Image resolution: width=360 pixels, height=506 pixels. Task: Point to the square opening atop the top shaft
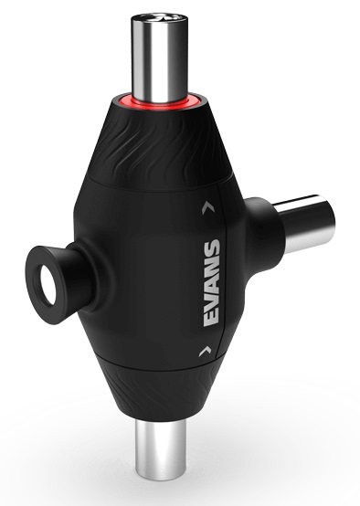click(x=160, y=16)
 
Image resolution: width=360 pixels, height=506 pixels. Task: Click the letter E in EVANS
click(x=211, y=316)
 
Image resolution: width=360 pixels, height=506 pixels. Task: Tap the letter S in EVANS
click(x=211, y=248)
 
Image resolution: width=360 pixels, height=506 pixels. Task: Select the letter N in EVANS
click(x=211, y=265)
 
